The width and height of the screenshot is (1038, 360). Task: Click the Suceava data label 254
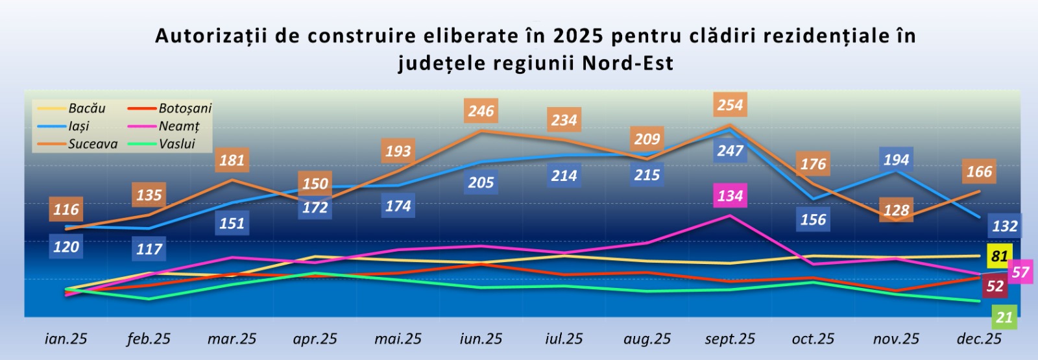730,105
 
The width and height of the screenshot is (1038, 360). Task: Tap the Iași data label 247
730,150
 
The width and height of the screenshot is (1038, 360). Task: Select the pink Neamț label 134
730,195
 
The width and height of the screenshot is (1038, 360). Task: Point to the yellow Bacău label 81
999,256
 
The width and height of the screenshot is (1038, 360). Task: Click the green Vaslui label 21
1004,317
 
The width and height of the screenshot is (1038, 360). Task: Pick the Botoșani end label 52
995,286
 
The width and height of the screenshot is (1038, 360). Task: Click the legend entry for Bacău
86,108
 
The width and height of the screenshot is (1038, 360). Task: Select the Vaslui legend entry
176,144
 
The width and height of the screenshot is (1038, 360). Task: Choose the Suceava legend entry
92,144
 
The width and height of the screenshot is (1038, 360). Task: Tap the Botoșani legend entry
185,108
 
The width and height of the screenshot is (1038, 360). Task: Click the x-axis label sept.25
730,339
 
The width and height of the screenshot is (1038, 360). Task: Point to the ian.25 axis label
66,339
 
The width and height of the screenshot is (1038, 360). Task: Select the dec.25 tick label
979,339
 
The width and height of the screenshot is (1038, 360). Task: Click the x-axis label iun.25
481,339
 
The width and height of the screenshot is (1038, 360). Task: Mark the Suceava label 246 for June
481,111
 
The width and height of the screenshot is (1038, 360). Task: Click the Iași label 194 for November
896,160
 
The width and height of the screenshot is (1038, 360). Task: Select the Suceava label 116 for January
66,210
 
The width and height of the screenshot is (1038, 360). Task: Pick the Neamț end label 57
1020,272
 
